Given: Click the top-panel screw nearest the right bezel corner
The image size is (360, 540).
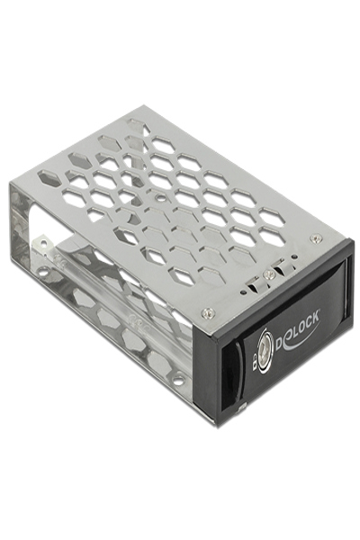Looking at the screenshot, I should click(x=314, y=238).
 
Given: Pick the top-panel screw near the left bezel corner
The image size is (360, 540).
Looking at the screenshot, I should click(x=209, y=312).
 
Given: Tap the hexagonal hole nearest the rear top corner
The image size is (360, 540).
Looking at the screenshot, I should click(x=137, y=125).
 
